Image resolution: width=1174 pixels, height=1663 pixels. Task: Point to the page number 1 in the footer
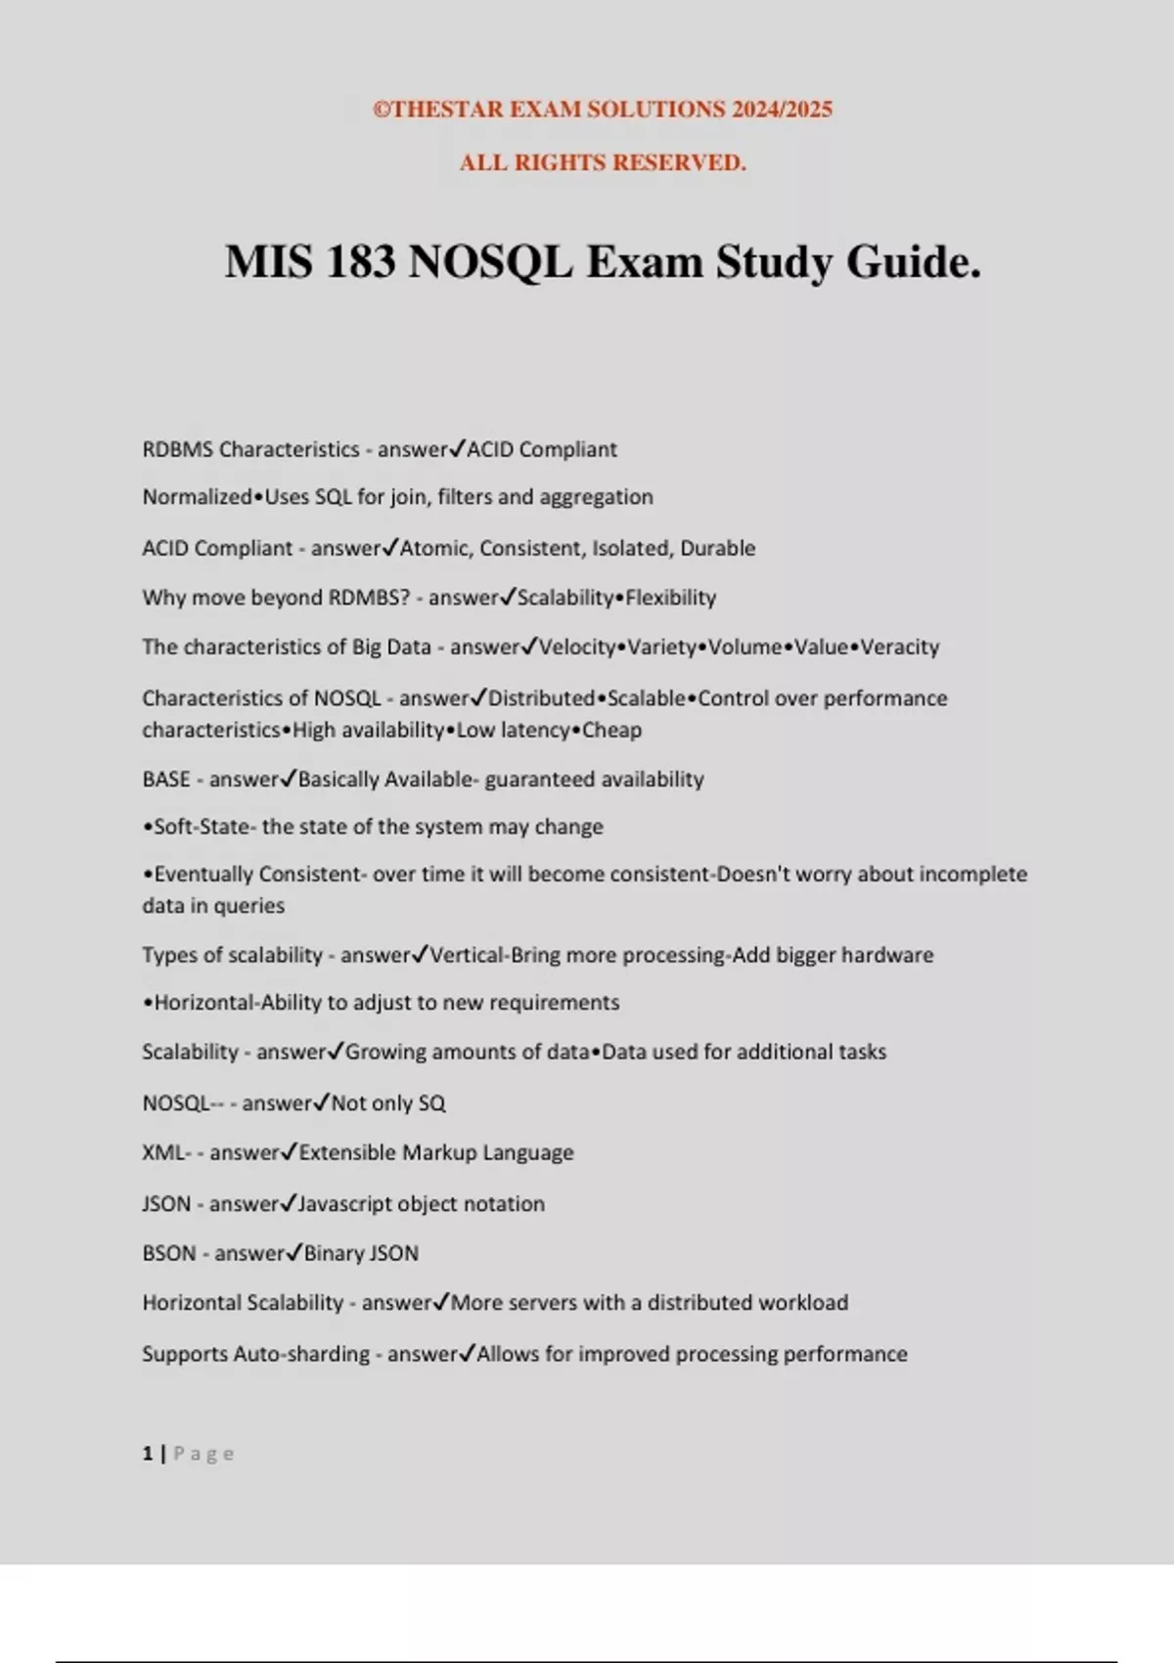point(148,1454)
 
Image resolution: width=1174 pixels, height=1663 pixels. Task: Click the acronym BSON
point(169,1253)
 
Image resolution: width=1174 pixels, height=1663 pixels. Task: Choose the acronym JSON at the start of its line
point(166,1203)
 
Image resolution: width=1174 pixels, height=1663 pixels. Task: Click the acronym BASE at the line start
point(166,779)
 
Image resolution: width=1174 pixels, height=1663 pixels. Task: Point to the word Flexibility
point(670,598)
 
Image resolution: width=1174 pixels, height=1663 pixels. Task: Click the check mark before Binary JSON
point(294,1252)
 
